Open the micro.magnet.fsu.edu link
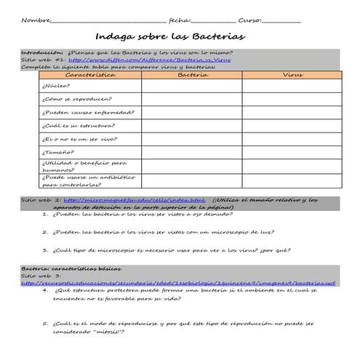coord(134,199)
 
